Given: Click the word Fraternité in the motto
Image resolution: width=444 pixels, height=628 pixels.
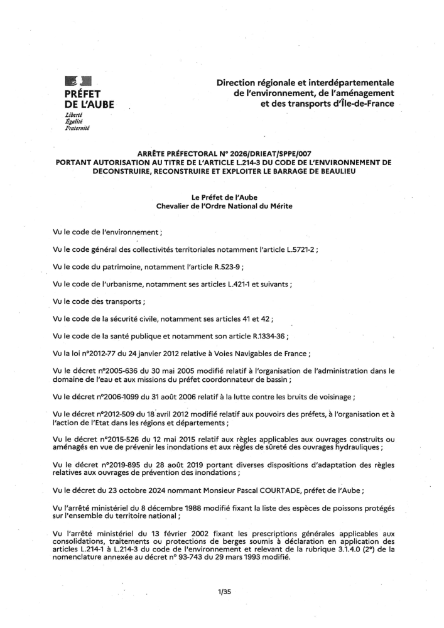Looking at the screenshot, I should click(x=78, y=127).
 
